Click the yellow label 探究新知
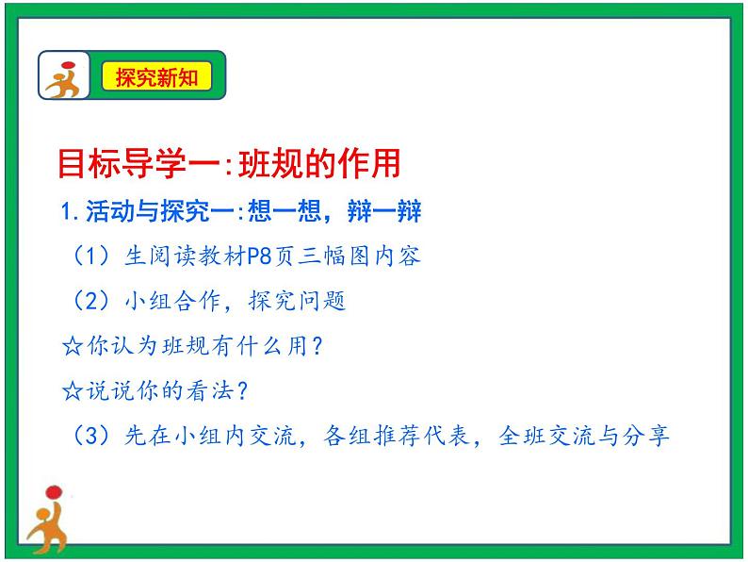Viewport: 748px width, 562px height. tap(156, 77)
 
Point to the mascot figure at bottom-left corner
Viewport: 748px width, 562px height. tap(46, 519)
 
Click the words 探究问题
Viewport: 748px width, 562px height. tap(297, 301)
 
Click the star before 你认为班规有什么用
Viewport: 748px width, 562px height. tap(72, 346)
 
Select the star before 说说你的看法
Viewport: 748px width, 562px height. tap(72, 391)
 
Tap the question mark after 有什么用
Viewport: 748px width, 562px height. tap(317, 346)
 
